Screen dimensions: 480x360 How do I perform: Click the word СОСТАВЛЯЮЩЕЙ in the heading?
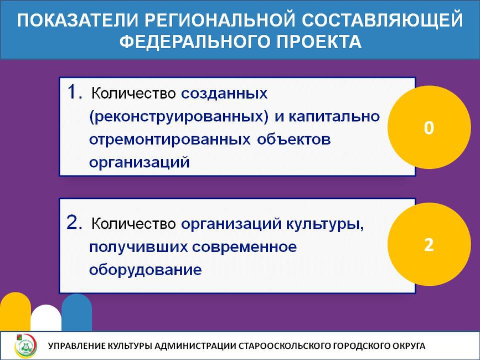382,20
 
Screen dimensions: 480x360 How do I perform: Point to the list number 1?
74,92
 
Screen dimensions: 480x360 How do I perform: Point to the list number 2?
74,223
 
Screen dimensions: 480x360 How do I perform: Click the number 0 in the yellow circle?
429,127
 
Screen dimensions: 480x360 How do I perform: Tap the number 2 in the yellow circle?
429,245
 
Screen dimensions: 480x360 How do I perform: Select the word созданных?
224,93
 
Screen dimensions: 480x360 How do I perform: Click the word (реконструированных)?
179,117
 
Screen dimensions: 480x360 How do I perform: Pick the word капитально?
334,117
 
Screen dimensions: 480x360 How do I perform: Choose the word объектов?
294,139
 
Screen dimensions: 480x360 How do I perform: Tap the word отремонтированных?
170,140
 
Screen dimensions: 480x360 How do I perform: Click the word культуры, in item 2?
325,224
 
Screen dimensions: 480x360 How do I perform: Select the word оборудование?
146,269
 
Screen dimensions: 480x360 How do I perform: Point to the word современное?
244,247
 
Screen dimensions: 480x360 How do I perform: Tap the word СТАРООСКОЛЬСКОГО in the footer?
284,346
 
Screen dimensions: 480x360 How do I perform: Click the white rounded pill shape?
46,318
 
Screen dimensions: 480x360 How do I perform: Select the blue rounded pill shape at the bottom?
76,312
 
